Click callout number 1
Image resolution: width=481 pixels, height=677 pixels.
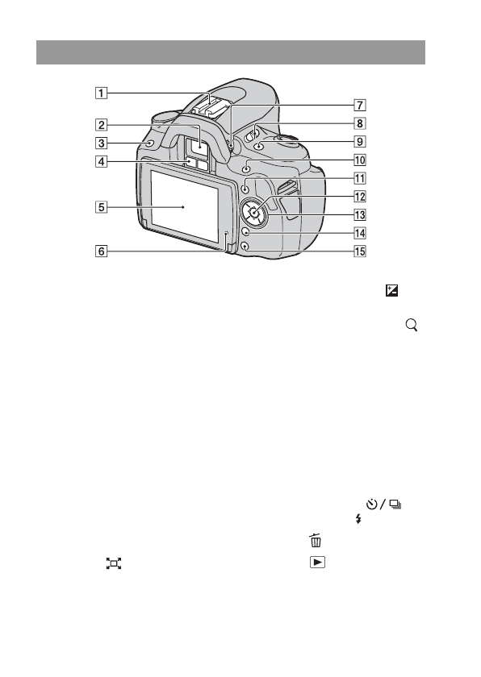pyautogui.click(x=101, y=93)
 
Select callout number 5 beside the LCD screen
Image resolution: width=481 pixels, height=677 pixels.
pyautogui.click(x=101, y=207)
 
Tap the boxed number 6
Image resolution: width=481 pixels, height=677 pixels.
pyautogui.click(x=101, y=251)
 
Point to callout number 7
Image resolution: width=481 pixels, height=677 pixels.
pyautogui.click(x=360, y=106)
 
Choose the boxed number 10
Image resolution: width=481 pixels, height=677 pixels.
pyautogui.click(x=360, y=160)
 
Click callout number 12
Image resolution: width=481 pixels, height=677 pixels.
pyautogui.click(x=360, y=197)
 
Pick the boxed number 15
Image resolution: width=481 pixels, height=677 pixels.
pyautogui.click(x=360, y=251)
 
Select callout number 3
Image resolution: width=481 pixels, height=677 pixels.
pyautogui.click(x=101, y=143)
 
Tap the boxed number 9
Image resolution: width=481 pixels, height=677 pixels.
pyautogui.click(x=360, y=142)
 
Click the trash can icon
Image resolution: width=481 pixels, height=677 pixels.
pyautogui.click(x=316, y=541)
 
